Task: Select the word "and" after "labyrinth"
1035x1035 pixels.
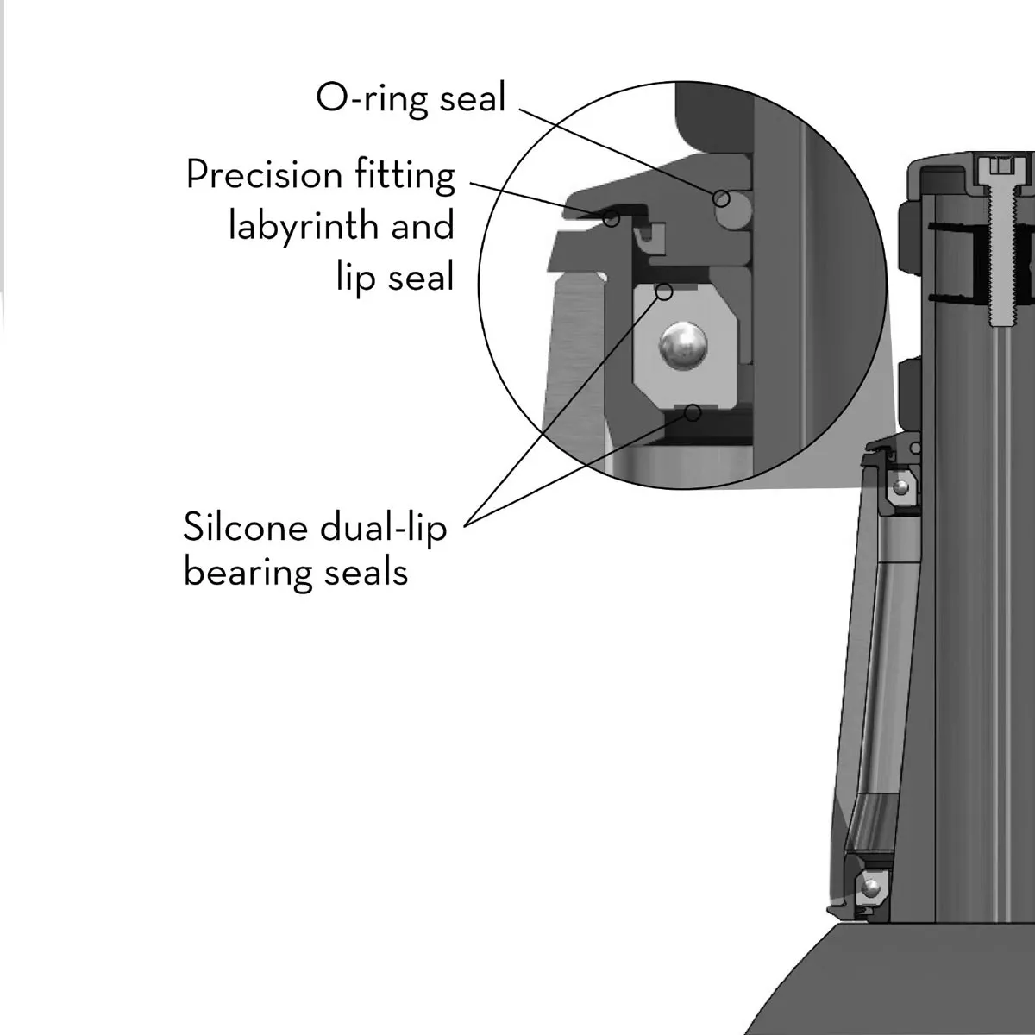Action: [422, 226]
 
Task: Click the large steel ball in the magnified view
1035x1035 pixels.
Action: [682, 346]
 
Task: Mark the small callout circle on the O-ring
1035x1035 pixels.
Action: [721, 199]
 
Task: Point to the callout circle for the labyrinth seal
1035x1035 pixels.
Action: [611, 218]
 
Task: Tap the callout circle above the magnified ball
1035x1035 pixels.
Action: [664, 292]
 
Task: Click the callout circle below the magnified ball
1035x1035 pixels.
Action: [692, 413]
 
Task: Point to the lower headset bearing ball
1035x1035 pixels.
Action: [872, 886]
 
